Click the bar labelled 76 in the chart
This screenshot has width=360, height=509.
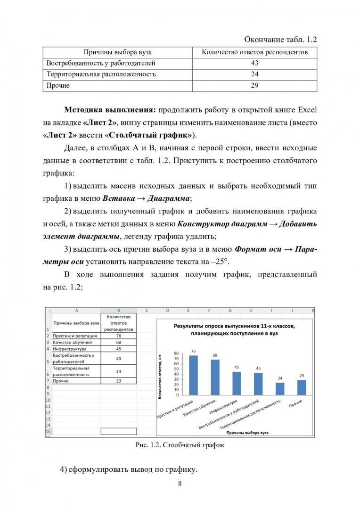[x=193, y=375]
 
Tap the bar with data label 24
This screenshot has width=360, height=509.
[x=280, y=388]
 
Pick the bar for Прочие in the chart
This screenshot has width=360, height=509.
[x=302, y=387]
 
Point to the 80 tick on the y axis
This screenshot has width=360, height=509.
[x=176, y=353]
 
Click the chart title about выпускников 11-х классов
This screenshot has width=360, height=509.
[x=233, y=329]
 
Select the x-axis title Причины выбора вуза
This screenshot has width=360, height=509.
[x=247, y=431]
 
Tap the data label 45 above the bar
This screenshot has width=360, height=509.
[x=237, y=367]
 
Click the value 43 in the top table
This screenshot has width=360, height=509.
[x=254, y=63]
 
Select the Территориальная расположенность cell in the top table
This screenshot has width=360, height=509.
[x=101, y=74]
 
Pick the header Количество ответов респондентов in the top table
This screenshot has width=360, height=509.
[x=254, y=52]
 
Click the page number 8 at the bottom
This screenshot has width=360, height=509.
[x=180, y=484]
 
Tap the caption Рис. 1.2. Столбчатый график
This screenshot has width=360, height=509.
[x=180, y=445]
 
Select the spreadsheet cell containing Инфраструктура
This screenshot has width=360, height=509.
[x=76, y=349]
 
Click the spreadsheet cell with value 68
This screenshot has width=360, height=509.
[x=118, y=342]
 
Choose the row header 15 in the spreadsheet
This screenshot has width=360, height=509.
[x=48, y=431]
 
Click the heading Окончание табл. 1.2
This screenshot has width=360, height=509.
[x=281, y=40]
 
